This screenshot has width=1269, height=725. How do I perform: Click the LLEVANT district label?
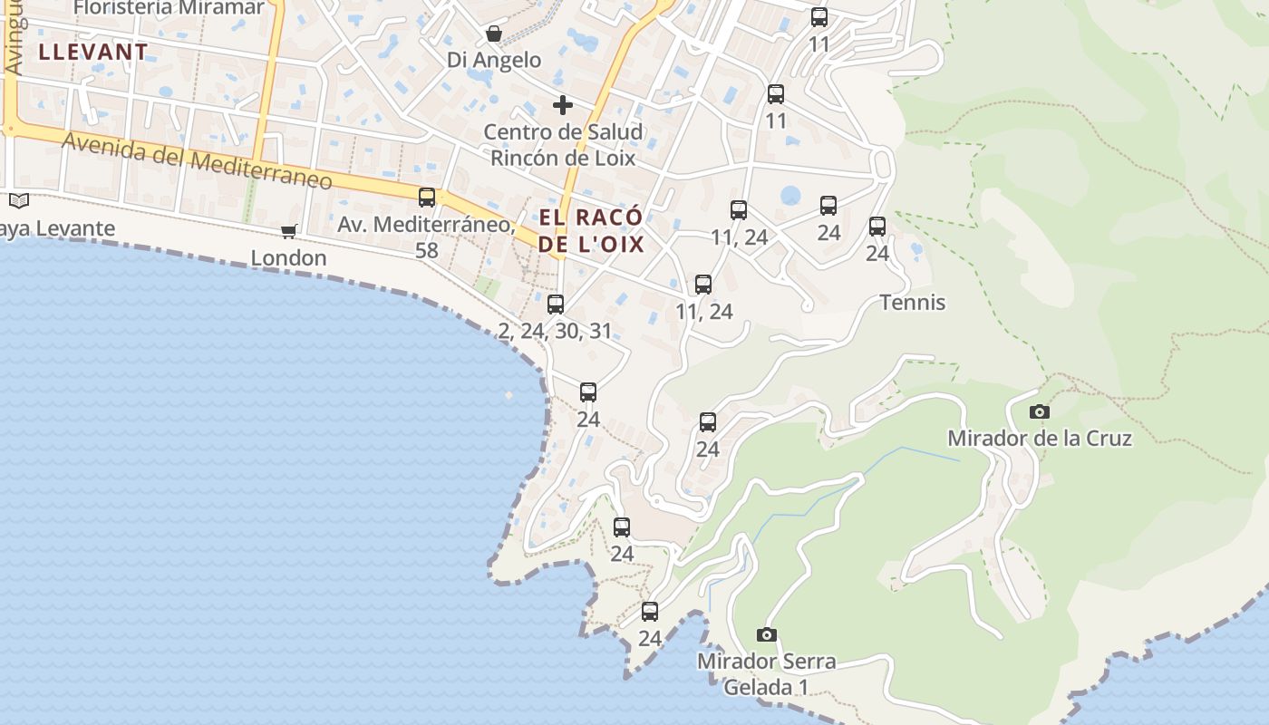(x=93, y=52)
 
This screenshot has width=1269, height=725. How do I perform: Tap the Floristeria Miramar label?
(x=169, y=8)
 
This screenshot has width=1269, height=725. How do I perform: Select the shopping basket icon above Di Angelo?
(x=494, y=34)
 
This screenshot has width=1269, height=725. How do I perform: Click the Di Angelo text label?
(x=494, y=61)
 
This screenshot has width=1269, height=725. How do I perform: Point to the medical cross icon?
(x=563, y=105)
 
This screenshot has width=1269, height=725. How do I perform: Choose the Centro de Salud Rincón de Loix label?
(x=563, y=145)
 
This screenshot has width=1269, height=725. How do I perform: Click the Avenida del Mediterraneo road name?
(x=197, y=161)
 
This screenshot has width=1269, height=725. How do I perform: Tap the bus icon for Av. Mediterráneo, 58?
(x=427, y=197)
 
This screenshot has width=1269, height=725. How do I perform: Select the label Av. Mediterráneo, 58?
(x=427, y=236)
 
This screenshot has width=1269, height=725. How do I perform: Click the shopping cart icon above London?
(x=289, y=231)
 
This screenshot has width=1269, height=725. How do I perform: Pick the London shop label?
(x=288, y=258)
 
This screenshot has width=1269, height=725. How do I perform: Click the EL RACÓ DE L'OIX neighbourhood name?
(x=591, y=231)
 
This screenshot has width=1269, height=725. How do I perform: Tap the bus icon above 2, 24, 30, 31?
(x=556, y=304)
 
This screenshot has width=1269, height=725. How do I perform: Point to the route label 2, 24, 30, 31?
(x=556, y=332)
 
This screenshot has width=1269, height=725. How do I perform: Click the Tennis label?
(x=913, y=303)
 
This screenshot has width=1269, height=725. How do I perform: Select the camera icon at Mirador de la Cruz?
(x=1040, y=411)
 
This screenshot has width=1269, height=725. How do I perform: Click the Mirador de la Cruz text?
(x=1040, y=439)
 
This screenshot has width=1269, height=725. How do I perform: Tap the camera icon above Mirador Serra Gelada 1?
(x=767, y=634)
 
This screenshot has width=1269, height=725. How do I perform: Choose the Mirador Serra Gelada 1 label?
(x=767, y=674)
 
